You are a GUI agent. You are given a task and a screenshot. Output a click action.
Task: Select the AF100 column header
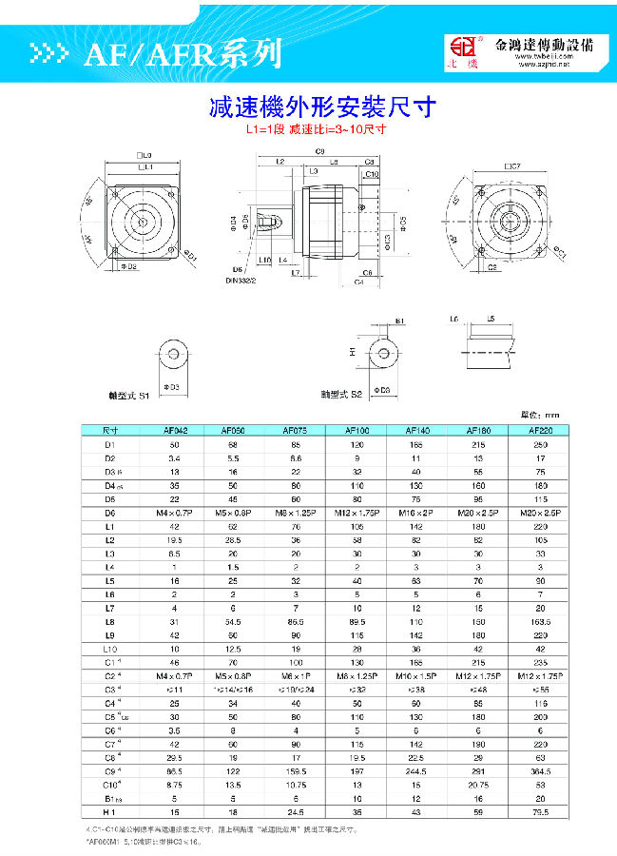[357, 430]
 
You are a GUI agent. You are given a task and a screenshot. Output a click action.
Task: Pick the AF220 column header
[539, 430]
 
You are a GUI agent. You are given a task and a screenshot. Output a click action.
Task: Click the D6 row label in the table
[109, 512]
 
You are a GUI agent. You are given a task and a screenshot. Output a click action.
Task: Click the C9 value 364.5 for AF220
[539, 771]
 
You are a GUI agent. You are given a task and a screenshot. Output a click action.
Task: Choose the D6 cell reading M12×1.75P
[357, 512]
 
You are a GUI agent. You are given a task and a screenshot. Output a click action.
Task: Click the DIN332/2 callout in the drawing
[240, 282]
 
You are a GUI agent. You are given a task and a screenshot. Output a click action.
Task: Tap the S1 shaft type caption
[131, 393]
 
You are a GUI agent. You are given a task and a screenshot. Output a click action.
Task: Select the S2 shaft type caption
[337, 392]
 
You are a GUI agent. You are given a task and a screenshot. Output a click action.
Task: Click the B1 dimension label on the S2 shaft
[400, 321]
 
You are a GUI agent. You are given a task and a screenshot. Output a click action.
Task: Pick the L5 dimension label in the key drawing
[491, 319]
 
